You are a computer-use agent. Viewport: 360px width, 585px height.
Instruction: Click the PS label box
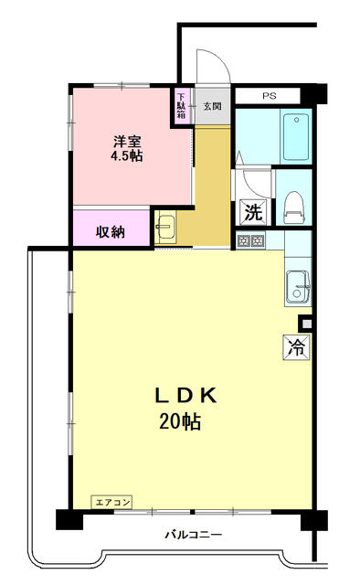coord(270,95)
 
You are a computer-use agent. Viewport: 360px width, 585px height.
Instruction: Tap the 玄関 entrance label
coord(211,105)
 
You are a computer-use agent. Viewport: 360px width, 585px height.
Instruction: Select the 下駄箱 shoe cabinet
coord(181,106)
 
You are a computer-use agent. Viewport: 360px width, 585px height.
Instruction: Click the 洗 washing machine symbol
coord(252,211)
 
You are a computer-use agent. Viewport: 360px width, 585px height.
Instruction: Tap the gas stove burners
coord(250,241)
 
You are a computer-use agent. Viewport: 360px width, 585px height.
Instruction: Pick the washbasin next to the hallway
coord(166,229)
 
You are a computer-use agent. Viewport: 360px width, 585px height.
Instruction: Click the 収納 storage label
coord(111,231)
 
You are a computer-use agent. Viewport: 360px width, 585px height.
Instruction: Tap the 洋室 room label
coord(126,142)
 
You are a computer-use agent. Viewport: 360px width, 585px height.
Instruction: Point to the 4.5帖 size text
coord(126,156)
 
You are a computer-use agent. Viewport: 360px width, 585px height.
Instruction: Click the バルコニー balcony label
coord(193,535)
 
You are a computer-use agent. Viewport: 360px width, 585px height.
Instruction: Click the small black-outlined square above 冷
coord(305,324)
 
